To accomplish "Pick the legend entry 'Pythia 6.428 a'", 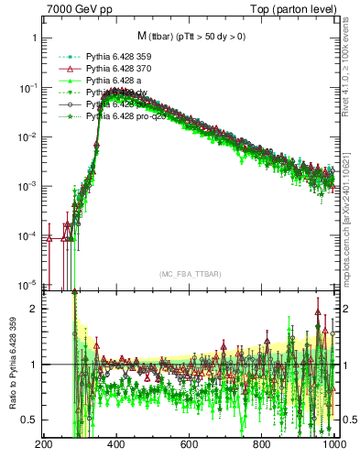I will click(x=116, y=81).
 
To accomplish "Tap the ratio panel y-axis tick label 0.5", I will click(x=29, y=420).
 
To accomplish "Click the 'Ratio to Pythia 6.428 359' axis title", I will click(x=11, y=366).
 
